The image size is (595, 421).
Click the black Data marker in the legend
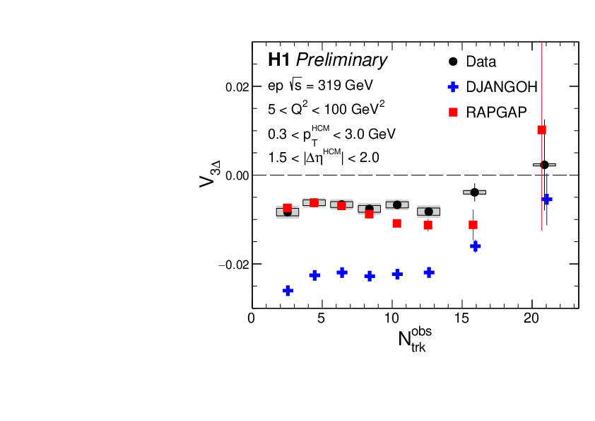click(454, 62)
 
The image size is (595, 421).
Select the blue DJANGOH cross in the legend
click(454, 87)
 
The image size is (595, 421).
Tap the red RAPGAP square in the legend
click(454, 112)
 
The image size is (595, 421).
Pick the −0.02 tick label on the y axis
click(234, 264)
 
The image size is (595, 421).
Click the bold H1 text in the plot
click(279, 61)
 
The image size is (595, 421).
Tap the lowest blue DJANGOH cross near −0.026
click(288, 291)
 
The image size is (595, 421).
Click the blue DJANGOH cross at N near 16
click(476, 246)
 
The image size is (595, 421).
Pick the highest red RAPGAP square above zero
click(542, 129)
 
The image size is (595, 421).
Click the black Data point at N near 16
click(475, 192)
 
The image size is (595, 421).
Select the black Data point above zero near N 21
click(544, 165)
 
